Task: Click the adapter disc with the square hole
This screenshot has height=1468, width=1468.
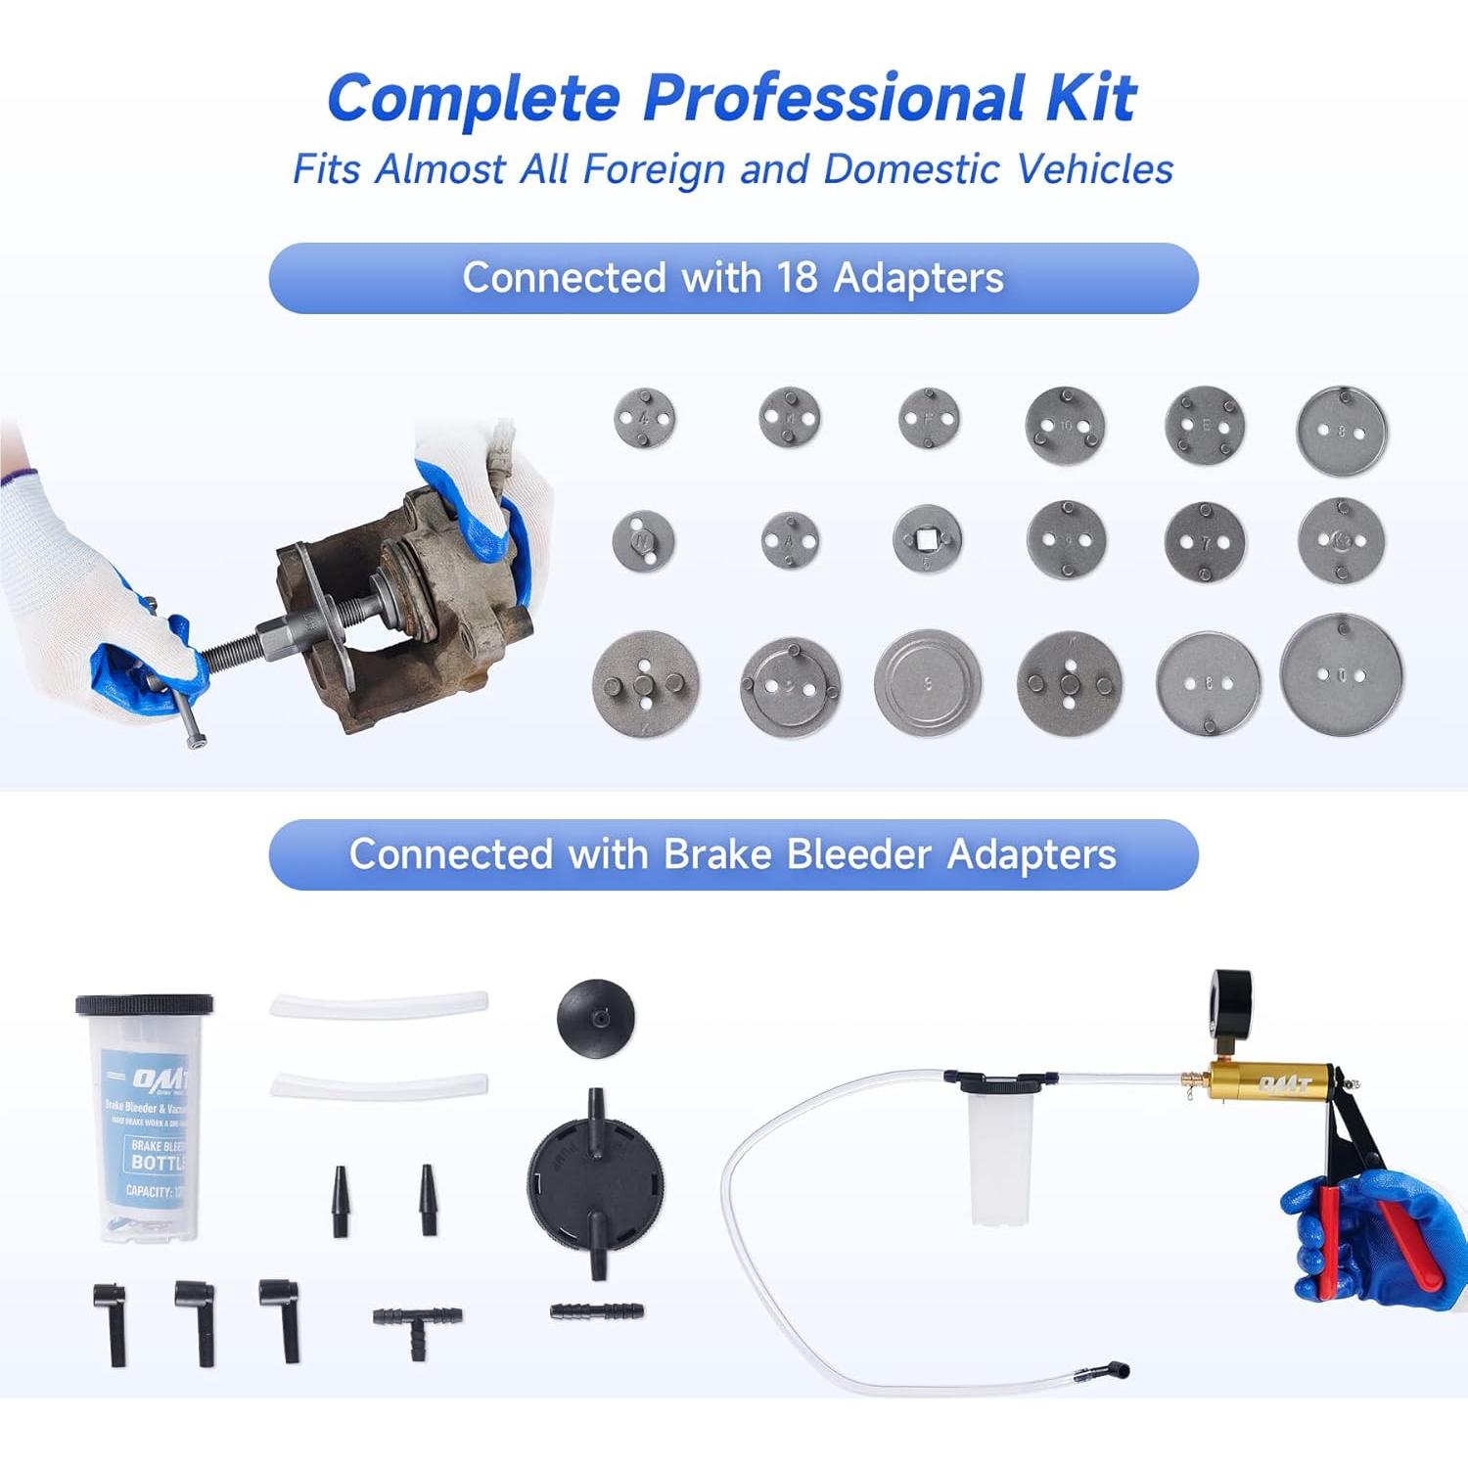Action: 927,539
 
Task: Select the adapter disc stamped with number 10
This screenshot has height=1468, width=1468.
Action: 1065,426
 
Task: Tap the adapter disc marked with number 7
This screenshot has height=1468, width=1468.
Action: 1205,541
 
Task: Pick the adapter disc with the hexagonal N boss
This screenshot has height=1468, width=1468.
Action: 643,540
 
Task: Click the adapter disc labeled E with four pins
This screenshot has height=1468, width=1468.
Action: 1205,426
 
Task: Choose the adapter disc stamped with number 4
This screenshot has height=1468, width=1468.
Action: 644,419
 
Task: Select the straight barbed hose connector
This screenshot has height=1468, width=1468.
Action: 596,1310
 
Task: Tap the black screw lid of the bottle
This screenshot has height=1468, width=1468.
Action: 145,1005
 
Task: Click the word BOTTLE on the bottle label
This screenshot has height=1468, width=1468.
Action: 157,1163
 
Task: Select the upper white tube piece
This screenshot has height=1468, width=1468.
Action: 379,1005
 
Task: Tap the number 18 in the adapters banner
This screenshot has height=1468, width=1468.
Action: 796,278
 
